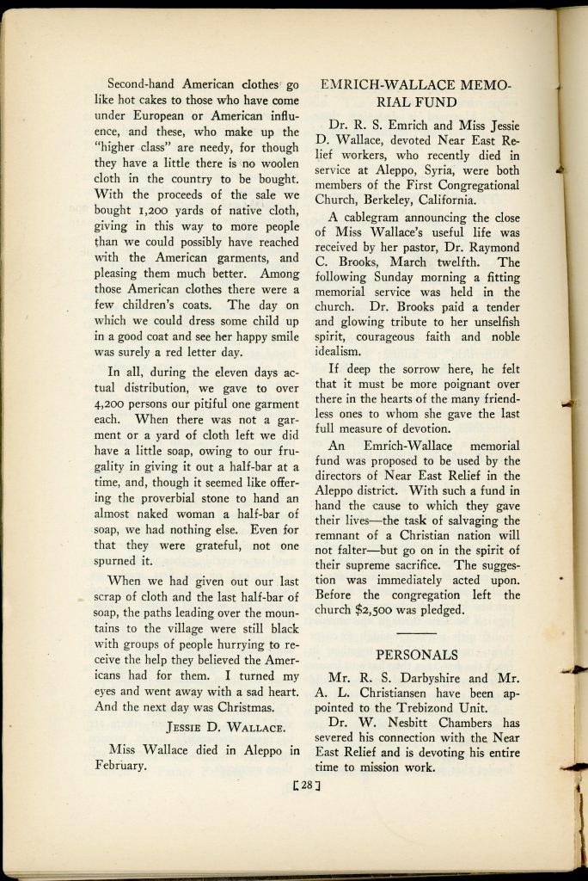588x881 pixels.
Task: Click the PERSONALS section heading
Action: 416,655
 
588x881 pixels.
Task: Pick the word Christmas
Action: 239,708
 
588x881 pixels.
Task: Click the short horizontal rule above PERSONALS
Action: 416,633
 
